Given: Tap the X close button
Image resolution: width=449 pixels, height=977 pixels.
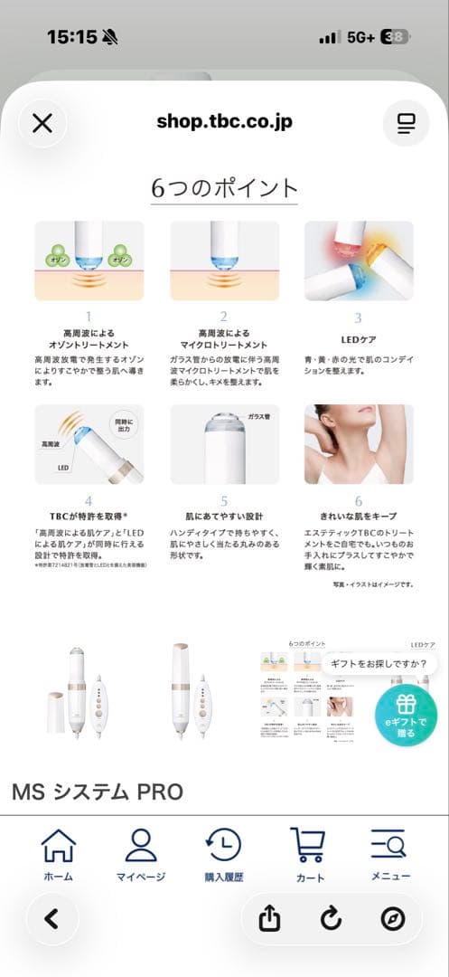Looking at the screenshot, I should point(42,123).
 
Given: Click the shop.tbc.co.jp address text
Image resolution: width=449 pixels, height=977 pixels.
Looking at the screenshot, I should point(224,122).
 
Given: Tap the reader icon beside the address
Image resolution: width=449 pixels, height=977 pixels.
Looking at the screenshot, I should point(406,123).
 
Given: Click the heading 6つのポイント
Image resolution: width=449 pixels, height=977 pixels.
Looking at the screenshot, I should point(224,188).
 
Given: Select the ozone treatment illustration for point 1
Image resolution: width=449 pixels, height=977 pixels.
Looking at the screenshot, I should point(89,261).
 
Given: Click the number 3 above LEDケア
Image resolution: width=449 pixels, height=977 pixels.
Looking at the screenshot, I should point(358,318).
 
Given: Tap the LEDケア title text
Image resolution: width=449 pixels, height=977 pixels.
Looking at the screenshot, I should point(358,340).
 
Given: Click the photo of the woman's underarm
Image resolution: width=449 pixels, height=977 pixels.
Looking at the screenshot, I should point(359,443).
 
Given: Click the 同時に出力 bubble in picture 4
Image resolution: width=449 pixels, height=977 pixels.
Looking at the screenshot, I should point(124,424).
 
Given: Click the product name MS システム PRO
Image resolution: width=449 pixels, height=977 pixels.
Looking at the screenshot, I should point(98,792).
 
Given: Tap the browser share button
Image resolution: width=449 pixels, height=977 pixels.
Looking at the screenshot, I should point(269,919).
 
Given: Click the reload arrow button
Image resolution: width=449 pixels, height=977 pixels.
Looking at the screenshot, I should point(331,919).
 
